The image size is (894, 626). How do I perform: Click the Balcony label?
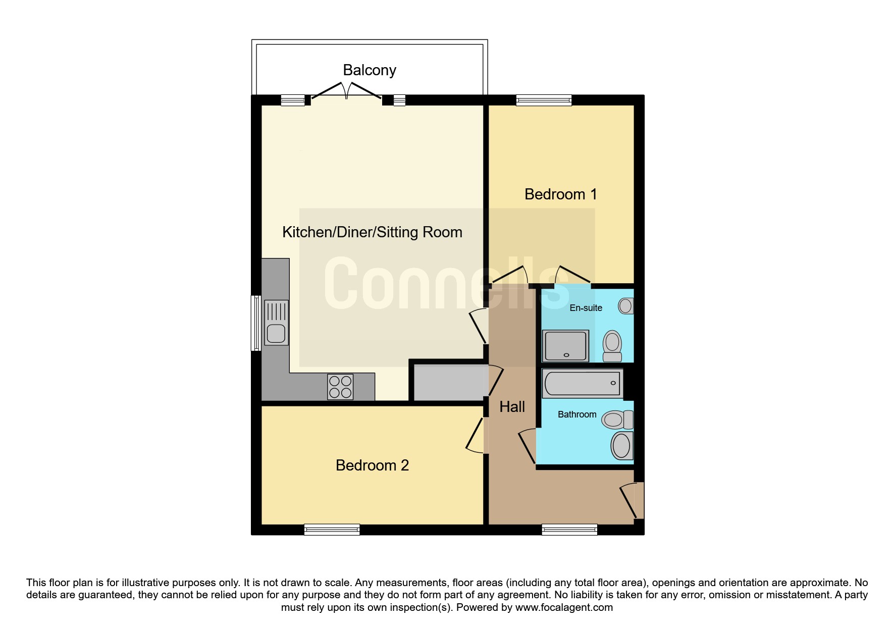pyautogui.click(x=370, y=70)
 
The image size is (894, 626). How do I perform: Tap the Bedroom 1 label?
pyautogui.click(x=560, y=194)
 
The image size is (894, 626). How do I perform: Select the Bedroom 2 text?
pyautogui.click(x=372, y=465)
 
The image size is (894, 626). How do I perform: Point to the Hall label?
pyautogui.click(x=512, y=407)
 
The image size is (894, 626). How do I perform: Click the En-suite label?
pyautogui.click(x=586, y=308)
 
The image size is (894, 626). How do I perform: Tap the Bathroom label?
pyautogui.click(x=577, y=414)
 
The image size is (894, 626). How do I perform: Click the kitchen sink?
pyautogui.click(x=276, y=323)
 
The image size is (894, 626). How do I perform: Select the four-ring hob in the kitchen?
pyautogui.click(x=340, y=387)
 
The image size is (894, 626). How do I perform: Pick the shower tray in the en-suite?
pyautogui.click(x=565, y=346)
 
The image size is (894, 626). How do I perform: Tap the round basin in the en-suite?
pyautogui.click(x=626, y=306)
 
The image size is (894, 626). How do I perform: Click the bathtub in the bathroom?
pyautogui.click(x=582, y=383)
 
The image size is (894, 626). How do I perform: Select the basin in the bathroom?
pyautogui.click(x=622, y=445)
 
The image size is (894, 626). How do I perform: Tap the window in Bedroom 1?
pyautogui.click(x=544, y=100)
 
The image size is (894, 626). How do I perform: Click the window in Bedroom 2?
pyautogui.click(x=332, y=530)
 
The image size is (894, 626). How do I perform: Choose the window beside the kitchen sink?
pyautogui.click(x=256, y=323)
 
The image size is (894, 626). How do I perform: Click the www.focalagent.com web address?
pyautogui.click(x=564, y=607)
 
